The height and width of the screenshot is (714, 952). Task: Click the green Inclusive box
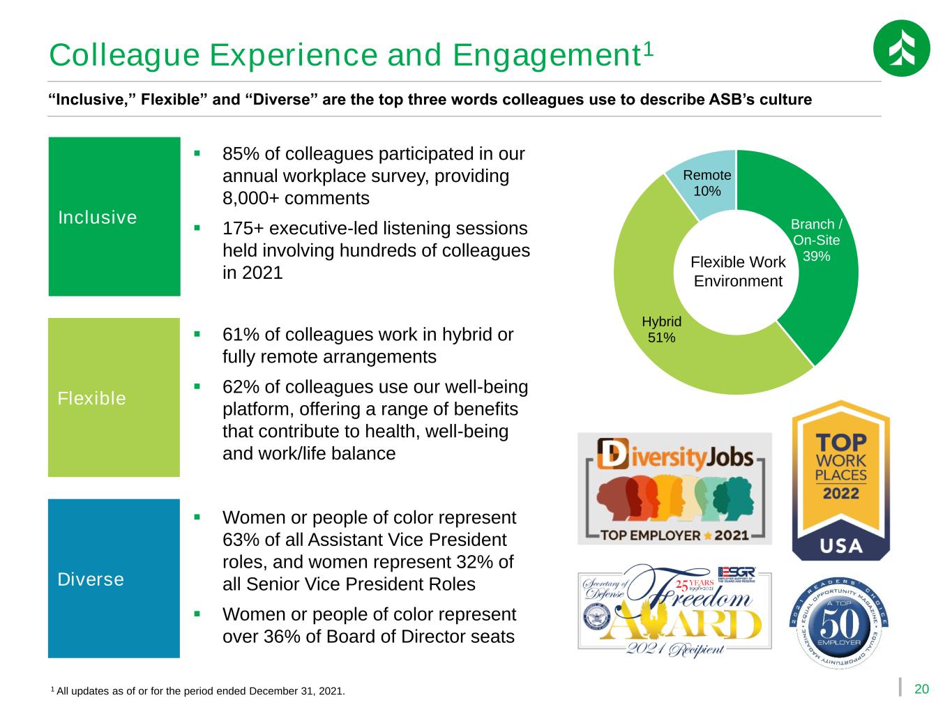(114, 216)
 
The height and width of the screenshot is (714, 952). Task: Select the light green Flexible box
(114, 397)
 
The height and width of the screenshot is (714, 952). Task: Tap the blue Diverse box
(114, 578)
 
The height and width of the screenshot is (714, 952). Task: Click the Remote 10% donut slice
(707, 183)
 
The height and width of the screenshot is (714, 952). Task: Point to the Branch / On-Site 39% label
(817, 240)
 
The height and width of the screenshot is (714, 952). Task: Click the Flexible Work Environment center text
(738, 271)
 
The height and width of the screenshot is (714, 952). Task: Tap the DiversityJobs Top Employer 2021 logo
(674, 488)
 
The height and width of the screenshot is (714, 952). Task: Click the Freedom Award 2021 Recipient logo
(674, 610)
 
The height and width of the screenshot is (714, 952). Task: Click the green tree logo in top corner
(901, 48)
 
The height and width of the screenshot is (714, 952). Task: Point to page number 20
(921, 689)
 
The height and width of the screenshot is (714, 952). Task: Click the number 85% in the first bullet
(237, 153)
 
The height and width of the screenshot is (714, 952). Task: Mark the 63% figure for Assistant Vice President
(237, 540)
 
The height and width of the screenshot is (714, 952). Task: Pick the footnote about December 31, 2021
(198, 691)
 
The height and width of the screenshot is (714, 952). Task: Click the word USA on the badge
(840, 544)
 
